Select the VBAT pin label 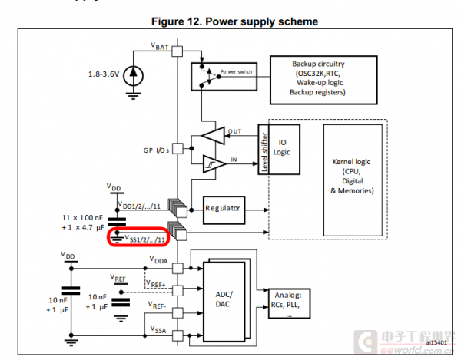pos(160,46)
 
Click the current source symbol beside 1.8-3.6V pos(135,74)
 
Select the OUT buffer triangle pos(214,135)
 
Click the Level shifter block pos(264,148)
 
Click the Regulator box pos(223,208)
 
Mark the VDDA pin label pos(161,260)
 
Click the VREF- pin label pos(159,306)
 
